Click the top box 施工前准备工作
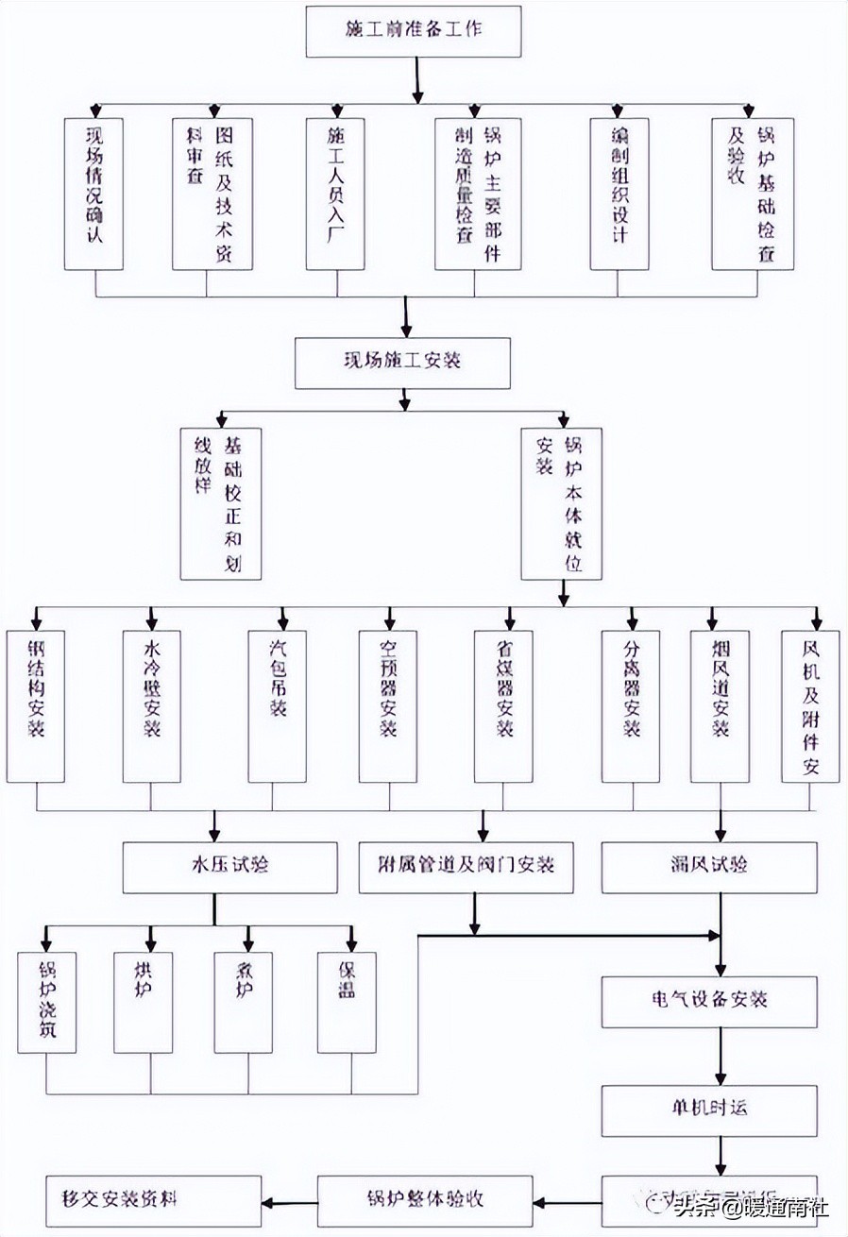414,30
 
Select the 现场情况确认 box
94,194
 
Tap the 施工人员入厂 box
336,194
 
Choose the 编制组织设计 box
619,194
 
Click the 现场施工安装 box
402,364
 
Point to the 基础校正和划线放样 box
221,503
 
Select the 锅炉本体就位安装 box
561,503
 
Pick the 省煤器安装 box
503,706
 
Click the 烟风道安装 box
720,706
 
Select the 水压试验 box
229,867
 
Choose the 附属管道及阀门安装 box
466,867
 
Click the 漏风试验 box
709,867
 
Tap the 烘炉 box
143,1002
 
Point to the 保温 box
347,1002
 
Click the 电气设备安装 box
709,1002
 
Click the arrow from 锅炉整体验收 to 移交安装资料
289,1202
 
